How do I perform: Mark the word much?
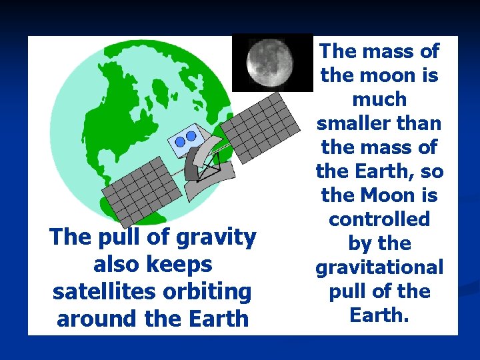click(379, 99)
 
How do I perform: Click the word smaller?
click(354, 123)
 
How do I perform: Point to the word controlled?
click(379, 219)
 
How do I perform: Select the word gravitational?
click(379, 267)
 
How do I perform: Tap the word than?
click(419, 123)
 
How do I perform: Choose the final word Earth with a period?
click(379, 315)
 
